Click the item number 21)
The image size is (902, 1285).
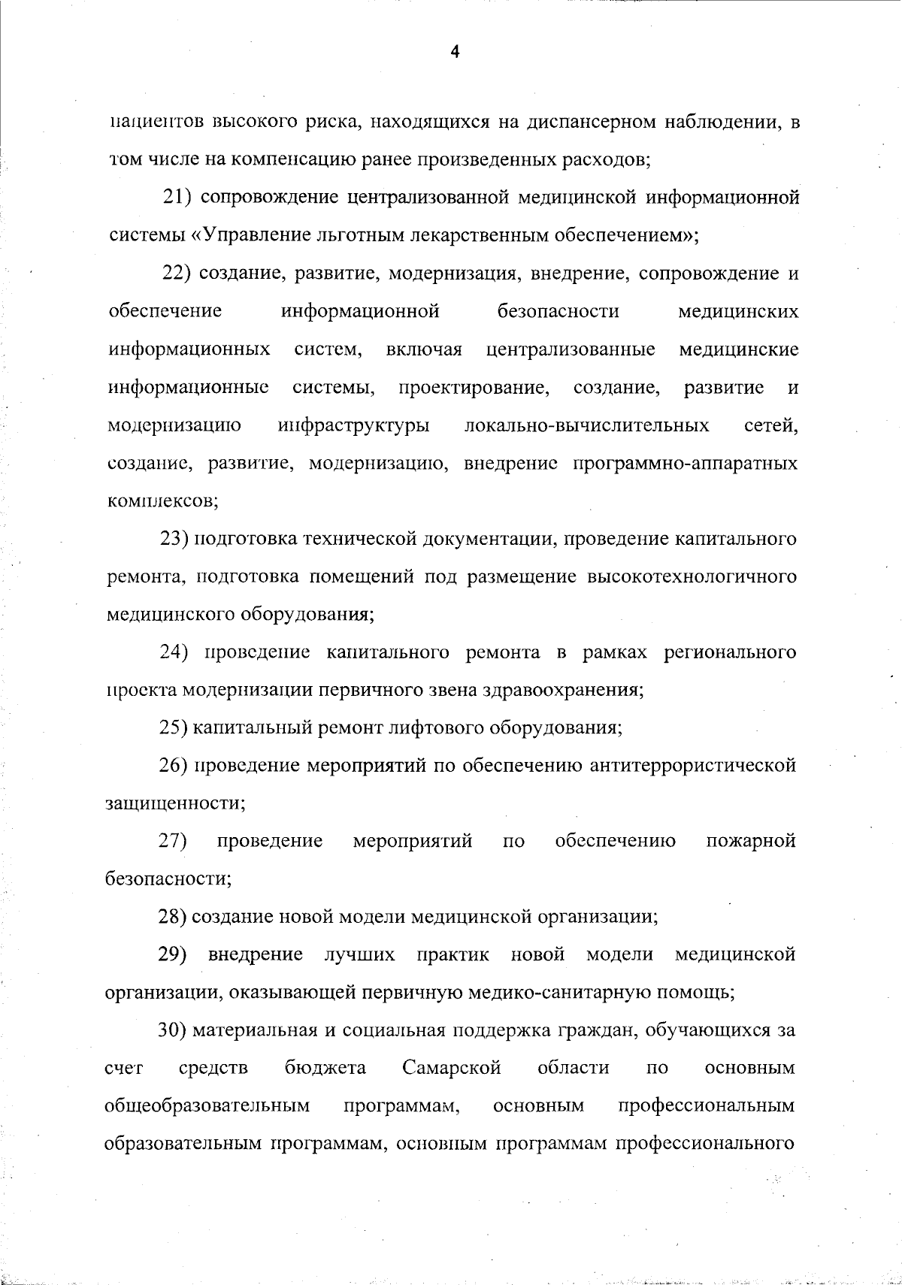(x=180, y=198)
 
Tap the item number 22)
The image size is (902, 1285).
(x=180, y=274)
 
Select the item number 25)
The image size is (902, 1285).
(x=173, y=727)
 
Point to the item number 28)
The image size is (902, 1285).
(x=173, y=916)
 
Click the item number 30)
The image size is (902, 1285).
(x=173, y=1030)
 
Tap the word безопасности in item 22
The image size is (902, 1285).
(x=558, y=311)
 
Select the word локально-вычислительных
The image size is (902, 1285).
(x=587, y=426)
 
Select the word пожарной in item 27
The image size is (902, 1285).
(x=751, y=840)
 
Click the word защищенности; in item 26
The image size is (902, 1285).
(x=175, y=803)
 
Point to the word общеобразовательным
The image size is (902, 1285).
(x=207, y=1105)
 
